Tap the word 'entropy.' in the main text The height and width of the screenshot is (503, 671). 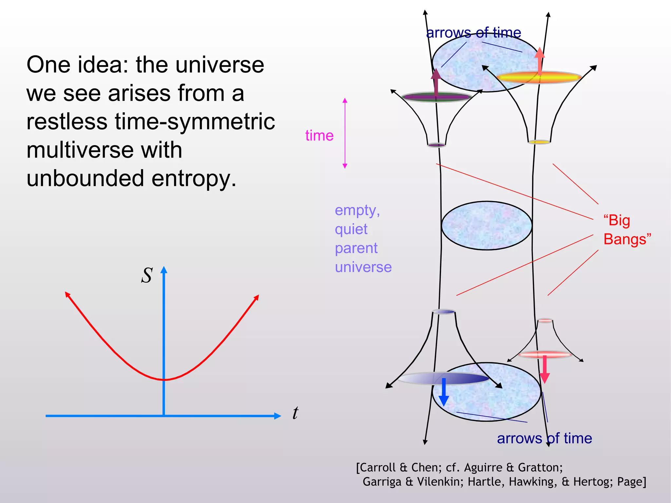[194, 179]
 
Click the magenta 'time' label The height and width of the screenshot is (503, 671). [319, 136]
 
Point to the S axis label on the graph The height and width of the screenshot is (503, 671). [147, 275]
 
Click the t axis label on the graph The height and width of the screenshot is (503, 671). [295, 413]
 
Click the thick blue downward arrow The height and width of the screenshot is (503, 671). [444, 392]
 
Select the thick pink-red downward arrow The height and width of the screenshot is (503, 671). [545, 369]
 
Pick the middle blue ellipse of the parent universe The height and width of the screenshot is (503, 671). [487, 225]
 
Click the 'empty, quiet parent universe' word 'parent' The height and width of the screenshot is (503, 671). [356, 248]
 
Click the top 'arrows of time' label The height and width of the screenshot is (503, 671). [473, 33]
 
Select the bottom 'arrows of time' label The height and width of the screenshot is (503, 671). [544, 438]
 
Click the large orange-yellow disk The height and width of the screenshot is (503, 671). [539, 78]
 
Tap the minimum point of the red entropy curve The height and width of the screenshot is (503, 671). [164, 380]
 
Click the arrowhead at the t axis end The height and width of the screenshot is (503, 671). [278, 416]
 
